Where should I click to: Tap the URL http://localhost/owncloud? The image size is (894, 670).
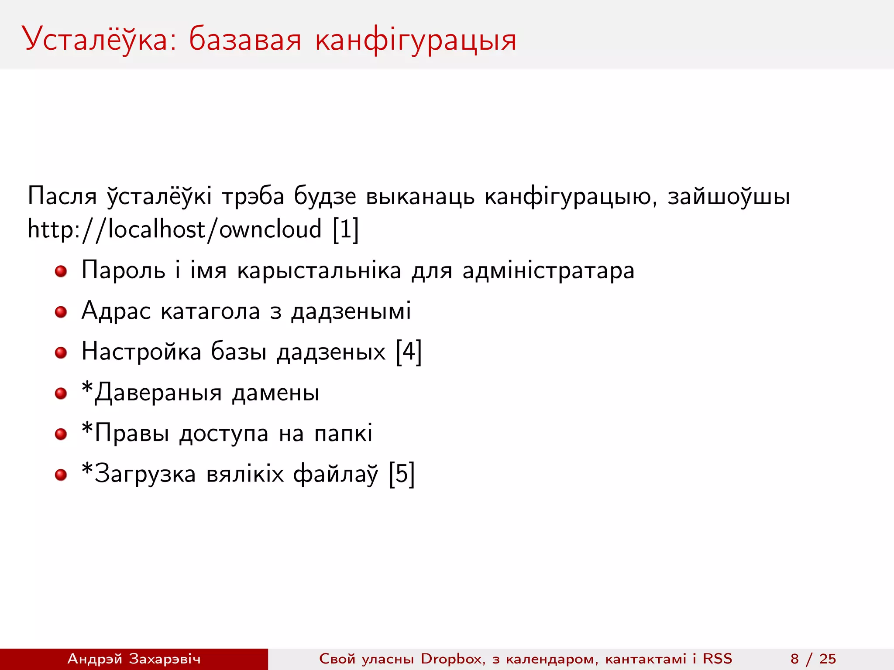(x=175, y=229)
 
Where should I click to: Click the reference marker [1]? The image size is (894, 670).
(x=345, y=229)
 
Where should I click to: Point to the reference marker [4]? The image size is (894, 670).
(x=409, y=352)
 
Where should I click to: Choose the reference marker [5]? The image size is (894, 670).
(x=402, y=474)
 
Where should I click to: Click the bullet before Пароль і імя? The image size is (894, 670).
(x=61, y=271)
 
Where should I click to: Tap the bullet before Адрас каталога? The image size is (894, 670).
(x=61, y=312)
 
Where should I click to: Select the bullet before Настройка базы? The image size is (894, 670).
(x=61, y=352)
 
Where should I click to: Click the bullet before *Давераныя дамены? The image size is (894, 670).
(x=61, y=393)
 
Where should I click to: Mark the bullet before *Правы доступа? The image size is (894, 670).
(x=61, y=434)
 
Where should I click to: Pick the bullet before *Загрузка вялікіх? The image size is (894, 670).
(x=61, y=475)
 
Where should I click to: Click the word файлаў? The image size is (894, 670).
(x=335, y=474)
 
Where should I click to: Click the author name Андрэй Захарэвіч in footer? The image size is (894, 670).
(x=134, y=659)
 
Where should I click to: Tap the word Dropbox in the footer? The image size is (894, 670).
(x=452, y=659)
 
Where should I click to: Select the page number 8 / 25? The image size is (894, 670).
(x=813, y=659)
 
